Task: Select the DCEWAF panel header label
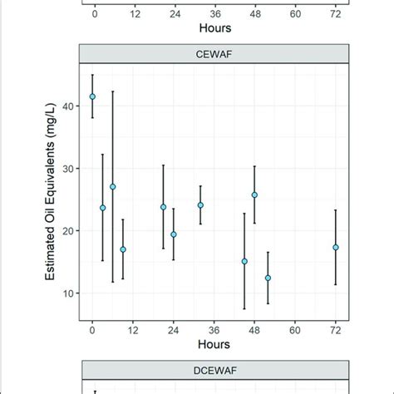coord(214,372)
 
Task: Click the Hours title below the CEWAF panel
coord(214,342)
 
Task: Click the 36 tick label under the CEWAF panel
coord(214,329)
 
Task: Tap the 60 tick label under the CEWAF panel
coord(295,329)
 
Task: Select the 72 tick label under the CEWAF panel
coord(335,329)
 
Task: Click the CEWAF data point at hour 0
coord(92,96)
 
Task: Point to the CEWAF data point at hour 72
coord(335,247)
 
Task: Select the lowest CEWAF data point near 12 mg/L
coord(268,278)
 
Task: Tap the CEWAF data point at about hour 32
coord(200,205)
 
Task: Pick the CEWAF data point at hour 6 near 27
coord(113,186)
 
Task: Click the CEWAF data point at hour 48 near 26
coord(254,195)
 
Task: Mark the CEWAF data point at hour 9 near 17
coord(123,249)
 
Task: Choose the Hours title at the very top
coord(214,27)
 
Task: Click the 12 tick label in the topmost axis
coord(133,14)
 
